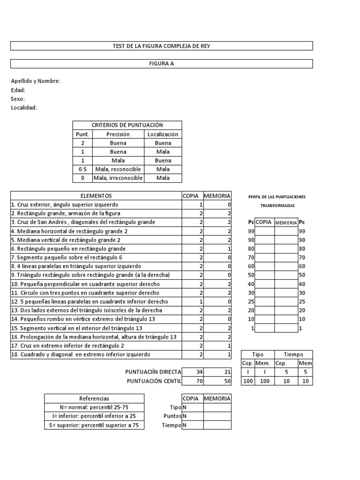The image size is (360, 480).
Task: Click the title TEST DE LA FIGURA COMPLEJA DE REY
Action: pos(161,46)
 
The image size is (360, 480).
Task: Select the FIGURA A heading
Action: pos(161,64)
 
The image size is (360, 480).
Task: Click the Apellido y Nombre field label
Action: pos(36,81)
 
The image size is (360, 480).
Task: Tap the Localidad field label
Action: pos(24,108)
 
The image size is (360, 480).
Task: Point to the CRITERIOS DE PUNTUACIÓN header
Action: pos(127,125)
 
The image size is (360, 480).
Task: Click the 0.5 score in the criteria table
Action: pos(82,169)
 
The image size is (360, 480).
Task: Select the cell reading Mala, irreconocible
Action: pos(118,178)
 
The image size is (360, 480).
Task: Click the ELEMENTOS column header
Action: pos(96,195)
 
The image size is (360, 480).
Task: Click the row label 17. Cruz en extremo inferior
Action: pos(67,346)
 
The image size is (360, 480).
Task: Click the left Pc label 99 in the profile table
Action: pos(251,231)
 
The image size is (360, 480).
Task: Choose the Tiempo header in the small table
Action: pos(293,355)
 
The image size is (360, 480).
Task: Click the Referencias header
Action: pos(94,398)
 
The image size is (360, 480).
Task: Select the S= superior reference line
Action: pos(94,425)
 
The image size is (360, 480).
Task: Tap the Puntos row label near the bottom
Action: pos(172,416)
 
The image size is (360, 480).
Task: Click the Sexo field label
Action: pos(18,99)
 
